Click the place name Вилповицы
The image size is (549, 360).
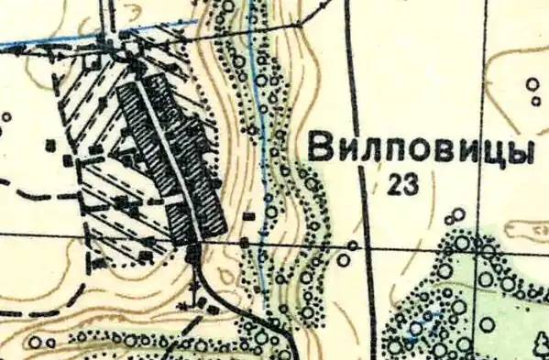pos(421,149)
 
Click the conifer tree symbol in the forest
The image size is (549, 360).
pos(539,344)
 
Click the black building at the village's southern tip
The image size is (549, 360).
pos(192,255)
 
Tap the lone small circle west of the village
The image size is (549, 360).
pos(8,117)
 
